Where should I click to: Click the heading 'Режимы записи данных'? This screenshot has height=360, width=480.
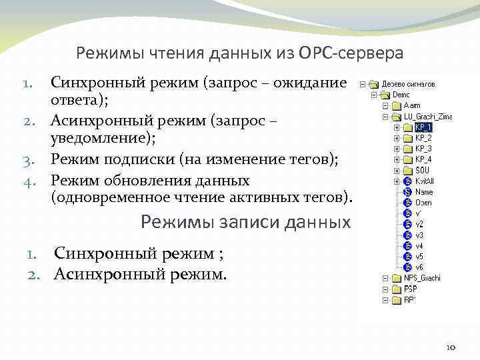point(245,222)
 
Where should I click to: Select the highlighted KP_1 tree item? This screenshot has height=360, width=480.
point(423,127)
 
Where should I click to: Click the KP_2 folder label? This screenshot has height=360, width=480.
point(423,137)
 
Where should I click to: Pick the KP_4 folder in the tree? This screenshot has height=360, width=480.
point(423,159)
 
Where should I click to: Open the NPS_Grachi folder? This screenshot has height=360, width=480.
point(422,278)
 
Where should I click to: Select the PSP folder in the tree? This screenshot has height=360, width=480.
point(410,289)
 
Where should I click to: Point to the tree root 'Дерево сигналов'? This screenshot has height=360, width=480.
point(409,84)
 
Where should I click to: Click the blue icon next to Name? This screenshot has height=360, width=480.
point(407,191)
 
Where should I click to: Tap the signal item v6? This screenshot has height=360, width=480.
point(419,267)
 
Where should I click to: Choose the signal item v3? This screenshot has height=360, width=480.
point(419,235)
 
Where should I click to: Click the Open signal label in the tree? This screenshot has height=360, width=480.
point(423,202)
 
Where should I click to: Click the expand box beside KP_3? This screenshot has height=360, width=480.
point(396,149)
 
